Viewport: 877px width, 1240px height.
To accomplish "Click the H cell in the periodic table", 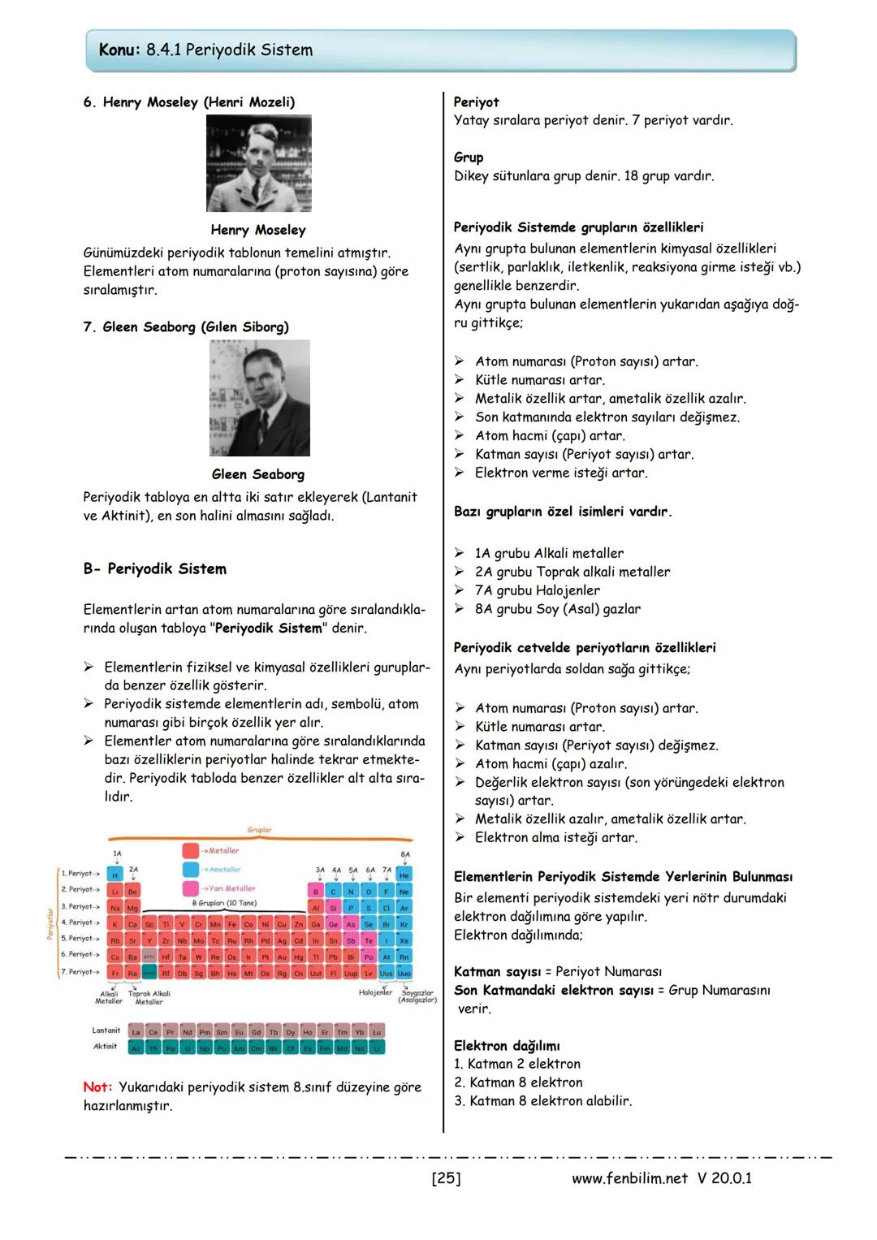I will [115, 875].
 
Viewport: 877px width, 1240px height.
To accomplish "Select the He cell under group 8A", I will [404, 875].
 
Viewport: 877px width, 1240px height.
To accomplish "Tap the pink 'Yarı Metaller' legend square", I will [191, 888].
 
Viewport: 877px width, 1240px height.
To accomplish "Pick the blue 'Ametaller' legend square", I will [191, 870].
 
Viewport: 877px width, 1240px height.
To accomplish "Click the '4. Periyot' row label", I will [80, 922].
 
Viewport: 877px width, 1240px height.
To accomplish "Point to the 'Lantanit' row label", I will [106, 1030].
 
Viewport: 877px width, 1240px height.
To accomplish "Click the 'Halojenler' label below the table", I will [375, 992].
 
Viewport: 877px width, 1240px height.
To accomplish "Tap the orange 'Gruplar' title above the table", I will [259, 830].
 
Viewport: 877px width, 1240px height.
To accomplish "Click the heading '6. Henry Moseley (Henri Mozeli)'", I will [188, 102].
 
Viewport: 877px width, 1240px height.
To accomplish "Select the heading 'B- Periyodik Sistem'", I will [154, 569].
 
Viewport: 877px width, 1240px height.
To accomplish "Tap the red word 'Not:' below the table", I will [97, 1087].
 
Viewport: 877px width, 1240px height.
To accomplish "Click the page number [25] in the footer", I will [446, 1178].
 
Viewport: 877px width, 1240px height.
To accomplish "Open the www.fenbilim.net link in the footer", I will [629, 1178].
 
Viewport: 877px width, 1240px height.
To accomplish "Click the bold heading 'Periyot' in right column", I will [476, 102].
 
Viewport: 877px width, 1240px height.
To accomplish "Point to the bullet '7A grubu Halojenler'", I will [537, 590].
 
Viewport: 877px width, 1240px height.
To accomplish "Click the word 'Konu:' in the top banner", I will [120, 50].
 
